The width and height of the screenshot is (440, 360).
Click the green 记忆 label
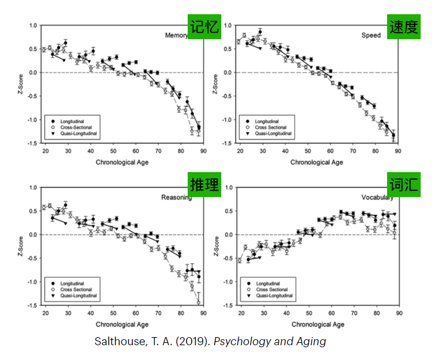click(x=205, y=26)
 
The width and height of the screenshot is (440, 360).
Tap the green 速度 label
click(x=404, y=26)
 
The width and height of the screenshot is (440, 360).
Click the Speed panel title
click(x=371, y=36)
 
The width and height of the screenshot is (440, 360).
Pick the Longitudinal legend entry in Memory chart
click(x=71, y=121)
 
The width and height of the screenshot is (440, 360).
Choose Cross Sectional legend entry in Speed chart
click(x=271, y=127)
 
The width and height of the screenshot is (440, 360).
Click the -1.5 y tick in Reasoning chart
click(x=32, y=306)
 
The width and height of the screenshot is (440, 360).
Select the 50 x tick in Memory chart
click(x=113, y=151)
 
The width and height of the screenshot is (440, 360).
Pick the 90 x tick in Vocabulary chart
click(x=399, y=313)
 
